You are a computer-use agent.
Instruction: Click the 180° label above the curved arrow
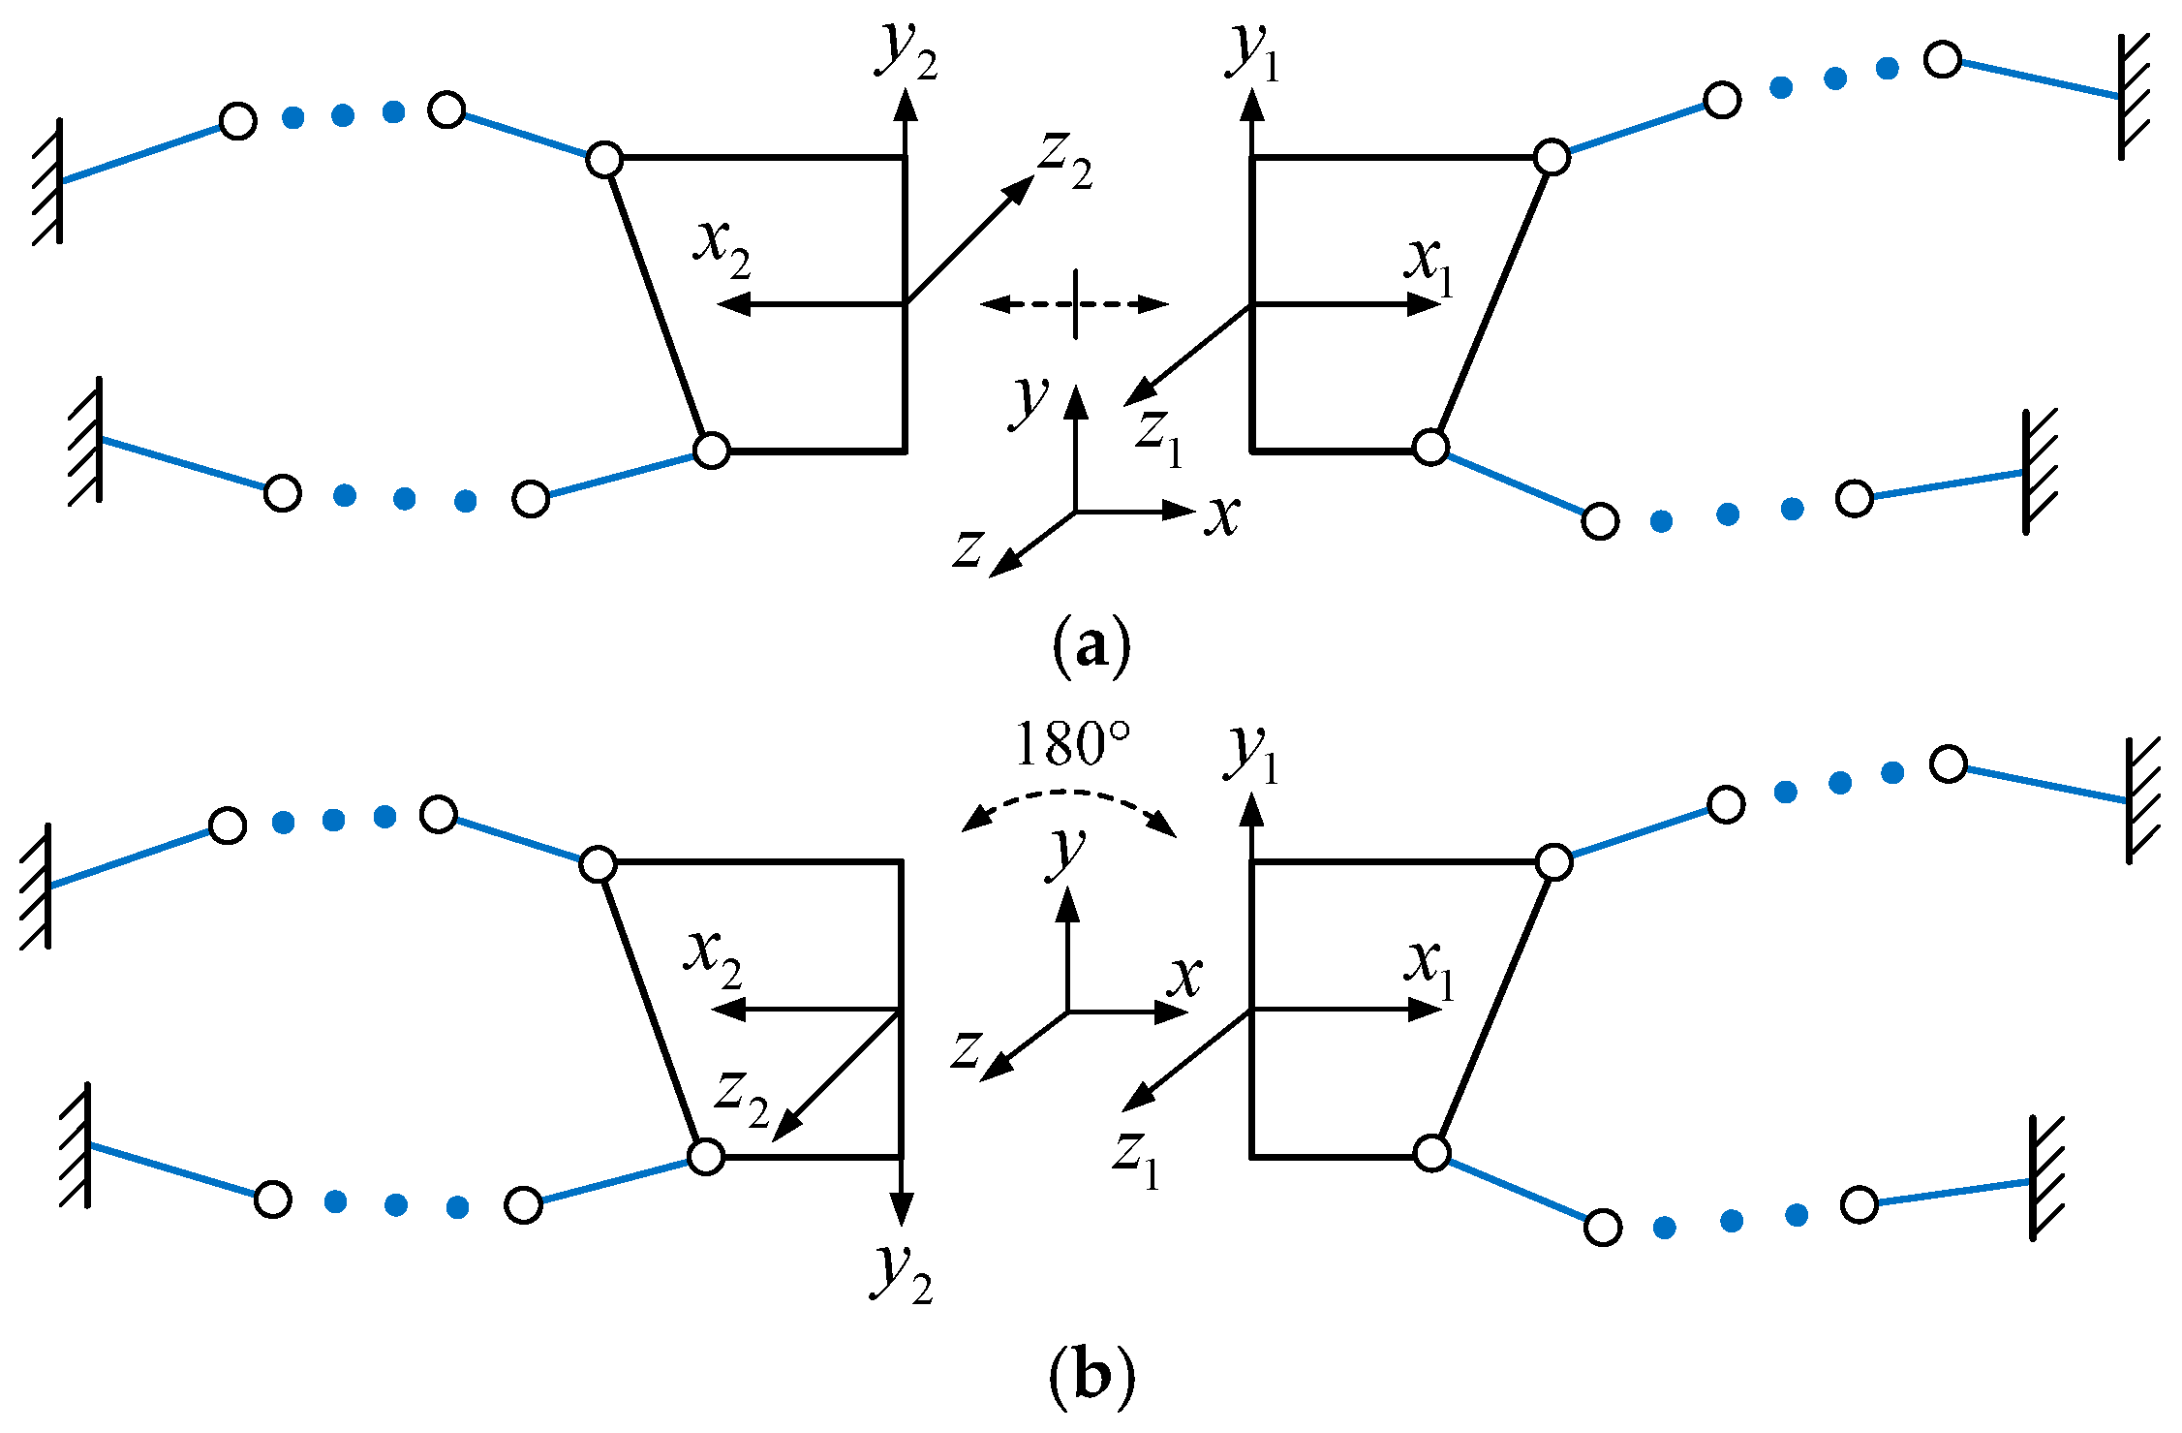pyautogui.click(x=1072, y=744)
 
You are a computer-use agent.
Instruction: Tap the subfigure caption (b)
pyautogui.click(x=1091, y=1375)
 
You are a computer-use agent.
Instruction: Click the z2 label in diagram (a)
pyautogui.click(x=1065, y=161)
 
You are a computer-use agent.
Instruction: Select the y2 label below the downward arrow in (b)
pyautogui.click(x=904, y=1273)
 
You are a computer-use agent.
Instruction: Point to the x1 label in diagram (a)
pyautogui.click(x=1429, y=265)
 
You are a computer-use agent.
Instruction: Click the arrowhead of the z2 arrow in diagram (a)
pyautogui.click(x=1021, y=190)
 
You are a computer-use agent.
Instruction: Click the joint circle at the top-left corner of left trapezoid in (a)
pyautogui.click(x=604, y=159)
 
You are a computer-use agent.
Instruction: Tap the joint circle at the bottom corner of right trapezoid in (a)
pyautogui.click(x=1430, y=448)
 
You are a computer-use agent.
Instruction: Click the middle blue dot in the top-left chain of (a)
pyautogui.click(x=343, y=115)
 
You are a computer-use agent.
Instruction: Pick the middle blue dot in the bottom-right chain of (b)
pyautogui.click(x=1732, y=1221)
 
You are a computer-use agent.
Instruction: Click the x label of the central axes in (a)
pyautogui.click(x=1222, y=515)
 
